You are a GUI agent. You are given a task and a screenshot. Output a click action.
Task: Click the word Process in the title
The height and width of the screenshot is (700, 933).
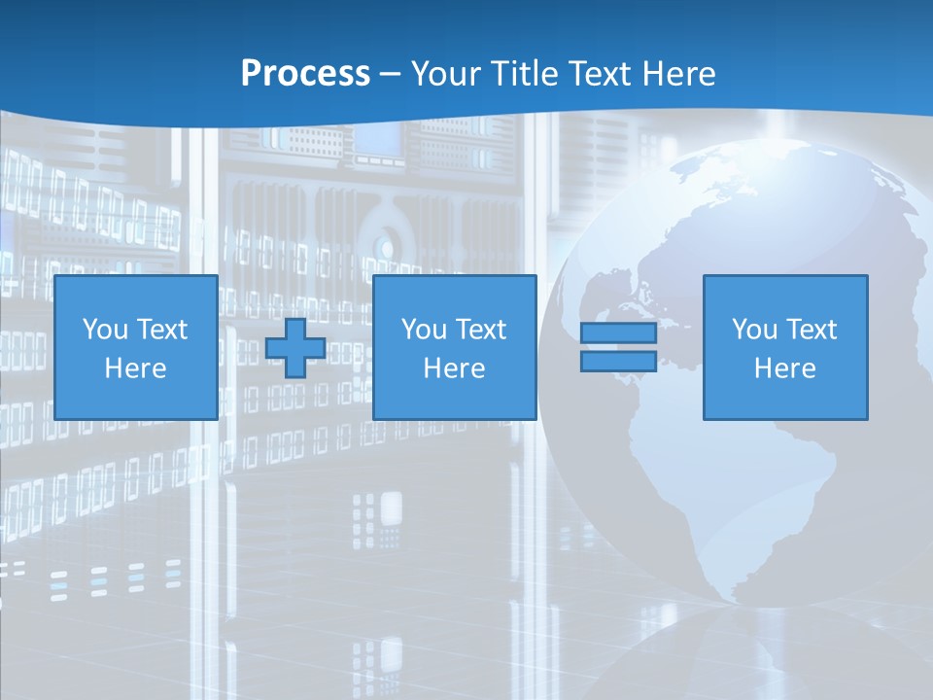coord(305,74)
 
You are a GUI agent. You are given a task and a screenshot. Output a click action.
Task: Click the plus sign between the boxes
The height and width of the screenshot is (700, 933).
coord(295,348)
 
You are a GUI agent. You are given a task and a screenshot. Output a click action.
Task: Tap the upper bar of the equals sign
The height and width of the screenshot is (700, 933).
coord(618,332)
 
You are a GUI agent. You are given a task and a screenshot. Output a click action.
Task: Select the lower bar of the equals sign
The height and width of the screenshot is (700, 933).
coord(618,361)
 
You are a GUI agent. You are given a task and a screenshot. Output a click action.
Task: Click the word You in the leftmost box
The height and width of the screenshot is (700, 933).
coord(105,330)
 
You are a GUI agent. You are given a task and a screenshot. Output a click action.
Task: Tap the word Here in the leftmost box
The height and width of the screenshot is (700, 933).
coord(136,368)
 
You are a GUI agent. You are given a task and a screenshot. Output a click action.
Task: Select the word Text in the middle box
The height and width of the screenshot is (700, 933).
coord(480,330)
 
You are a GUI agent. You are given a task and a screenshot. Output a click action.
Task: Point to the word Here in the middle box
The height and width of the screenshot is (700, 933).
coord(455,368)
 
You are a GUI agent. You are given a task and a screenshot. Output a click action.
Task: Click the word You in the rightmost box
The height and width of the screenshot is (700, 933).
coord(754,330)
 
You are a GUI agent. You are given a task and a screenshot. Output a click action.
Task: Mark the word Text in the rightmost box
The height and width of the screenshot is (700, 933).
coord(811,330)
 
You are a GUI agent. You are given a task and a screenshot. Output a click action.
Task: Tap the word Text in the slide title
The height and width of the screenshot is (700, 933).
coord(594,74)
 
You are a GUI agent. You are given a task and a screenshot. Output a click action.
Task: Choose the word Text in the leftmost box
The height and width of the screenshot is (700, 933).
coord(161,330)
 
